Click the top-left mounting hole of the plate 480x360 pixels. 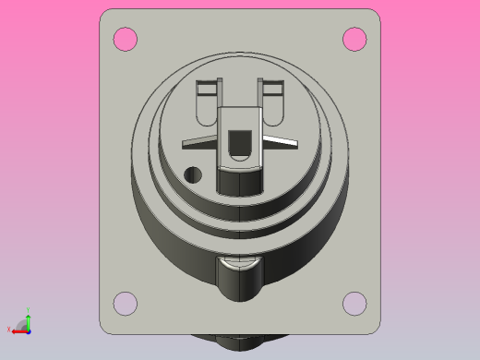tap(125, 39)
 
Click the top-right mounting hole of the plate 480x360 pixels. tap(354, 39)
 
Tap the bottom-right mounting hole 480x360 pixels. tap(354, 303)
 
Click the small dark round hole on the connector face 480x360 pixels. tap(193, 174)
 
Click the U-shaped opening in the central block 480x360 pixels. tap(240, 146)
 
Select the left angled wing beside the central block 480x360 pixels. tap(200, 140)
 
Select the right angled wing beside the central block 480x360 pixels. tap(280, 140)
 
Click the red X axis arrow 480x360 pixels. tap(18, 330)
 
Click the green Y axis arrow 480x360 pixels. tap(28, 319)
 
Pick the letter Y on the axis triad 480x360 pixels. tap(28, 310)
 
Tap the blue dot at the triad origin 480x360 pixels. tap(28, 330)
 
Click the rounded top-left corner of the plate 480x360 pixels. tap(106, 16)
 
